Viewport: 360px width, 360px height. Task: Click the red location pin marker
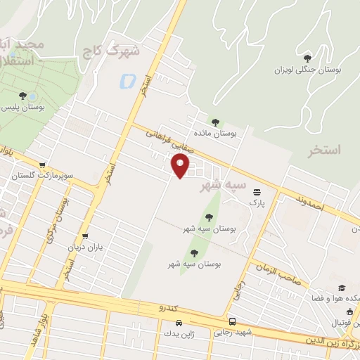pyautogui.click(x=181, y=166)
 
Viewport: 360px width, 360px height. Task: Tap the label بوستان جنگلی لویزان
pyautogui.click(x=307, y=70)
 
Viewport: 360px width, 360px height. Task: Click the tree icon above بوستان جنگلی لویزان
pyautogui.click(x=307, y=58)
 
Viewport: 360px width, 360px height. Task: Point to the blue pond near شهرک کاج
pyautogui.click(x=128, y=81)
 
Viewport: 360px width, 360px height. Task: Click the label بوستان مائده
pyautogui.click(x=216, y=133)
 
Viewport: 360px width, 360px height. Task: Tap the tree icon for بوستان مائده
pyautogui.click(x=215, y=122)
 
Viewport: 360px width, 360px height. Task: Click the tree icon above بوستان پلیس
pyautogui.click(x=23, y=95)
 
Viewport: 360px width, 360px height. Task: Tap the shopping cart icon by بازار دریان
pyautogui.click(x=85, y=236)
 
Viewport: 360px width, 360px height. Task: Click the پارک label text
pyautogui.click(x=255, y=202)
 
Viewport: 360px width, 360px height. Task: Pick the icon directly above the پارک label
pyautogui.click(x=257, y=191)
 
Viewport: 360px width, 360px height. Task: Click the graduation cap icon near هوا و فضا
pyautogui.click(x=342, y=288)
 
